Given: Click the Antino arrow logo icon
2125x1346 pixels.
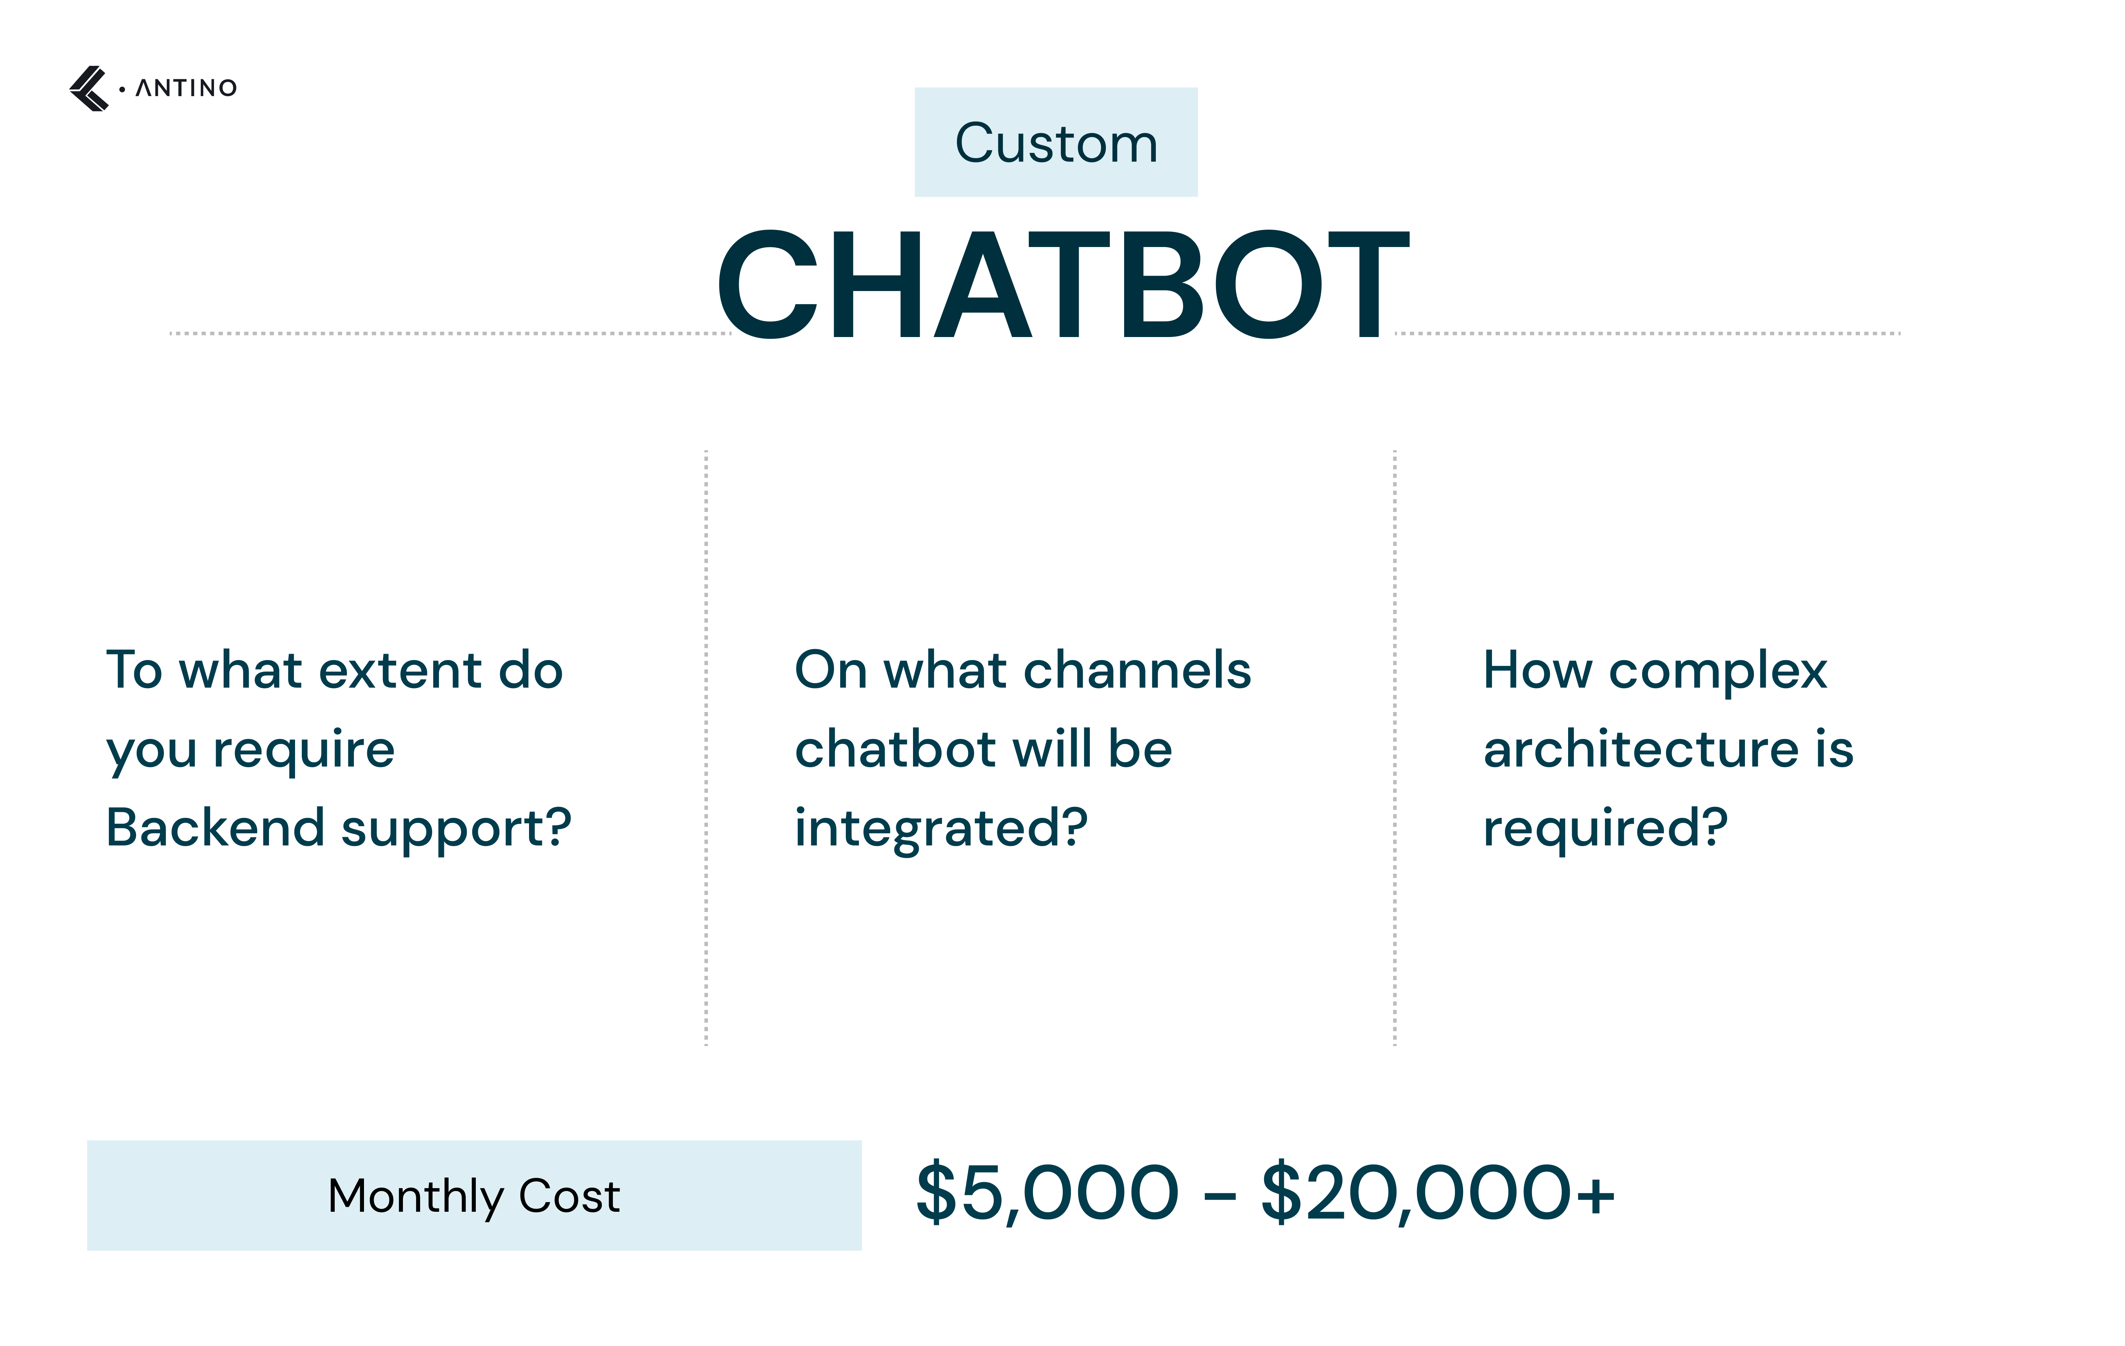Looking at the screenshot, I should (x=88, y=88).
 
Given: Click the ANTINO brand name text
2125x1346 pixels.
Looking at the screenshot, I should (x=186, y=88).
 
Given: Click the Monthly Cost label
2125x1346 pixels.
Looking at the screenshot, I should (x=474, y=1196).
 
